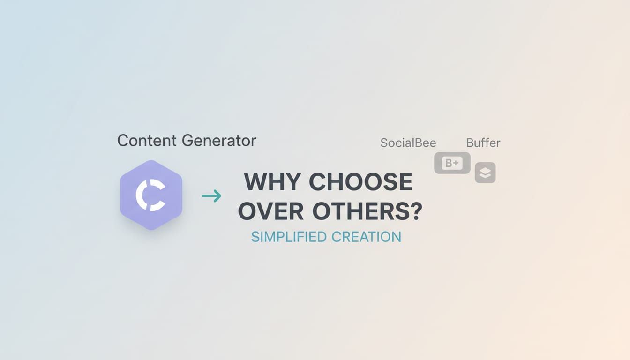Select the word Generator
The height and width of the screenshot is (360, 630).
pyautogui.click(x=219, y=141)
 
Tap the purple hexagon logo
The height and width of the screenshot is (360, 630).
pyautogui.click(x=151, y=195)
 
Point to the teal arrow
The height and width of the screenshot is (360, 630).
pyautogui.click(x=211, y=196)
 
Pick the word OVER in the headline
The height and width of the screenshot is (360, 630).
pyautogui.click(x=271, y=212)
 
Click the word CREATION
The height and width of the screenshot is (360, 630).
pyautogui.click(x=366, y=237)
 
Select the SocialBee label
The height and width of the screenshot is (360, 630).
pyautogui.click(x=408, y=143)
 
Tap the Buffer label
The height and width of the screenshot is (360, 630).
pyautogui.click(x=483, y=143)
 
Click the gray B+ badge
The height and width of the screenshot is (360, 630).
pyautogui.click(x=452, y=163)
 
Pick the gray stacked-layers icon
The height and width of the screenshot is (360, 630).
pyautogui.click(x=485, y=173)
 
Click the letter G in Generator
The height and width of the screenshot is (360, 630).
pyautogui.click(x=188, y=141)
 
